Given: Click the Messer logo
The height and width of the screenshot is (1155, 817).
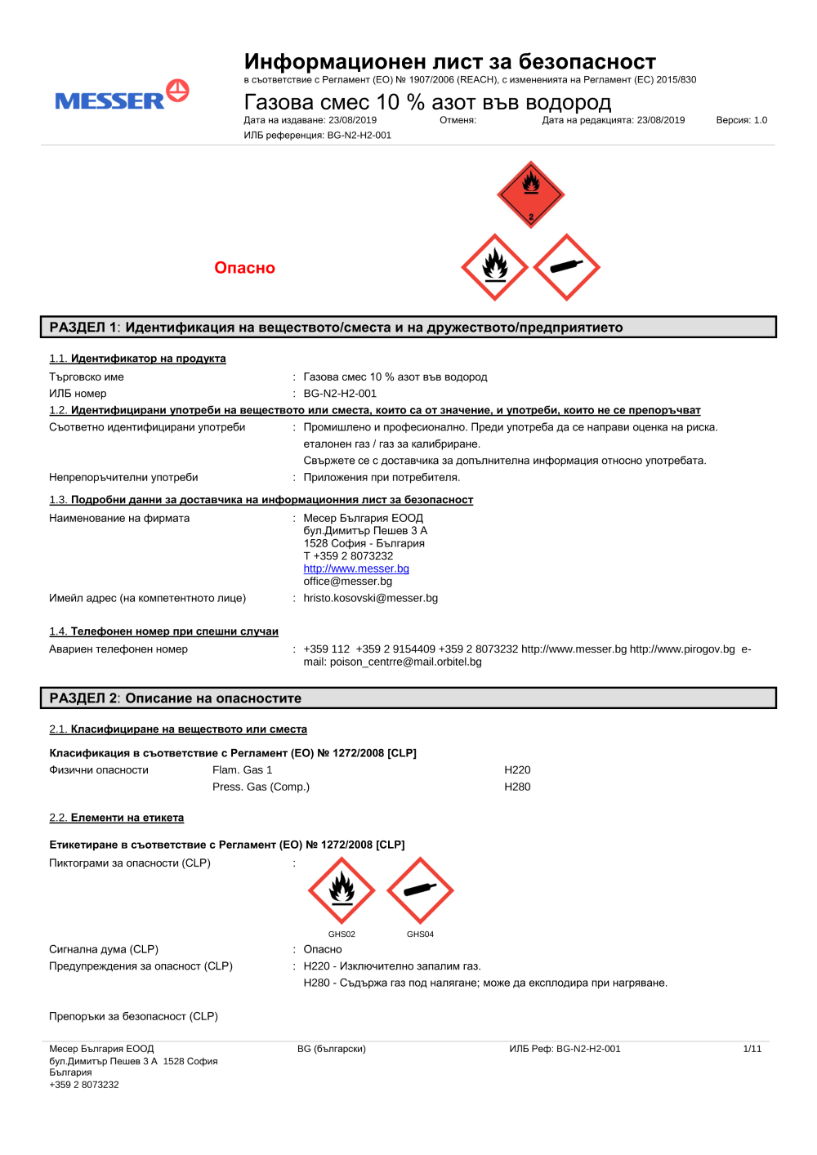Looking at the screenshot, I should tap(121, 96).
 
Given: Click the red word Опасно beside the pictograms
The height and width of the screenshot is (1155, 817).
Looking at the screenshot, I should tap(244, 268).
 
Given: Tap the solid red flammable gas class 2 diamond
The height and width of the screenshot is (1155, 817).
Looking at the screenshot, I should tap(531, 194).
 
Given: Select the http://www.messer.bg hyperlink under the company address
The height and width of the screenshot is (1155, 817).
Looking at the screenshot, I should tap(356, 569).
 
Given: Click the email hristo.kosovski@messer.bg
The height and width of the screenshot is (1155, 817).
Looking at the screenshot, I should tap(370, 598).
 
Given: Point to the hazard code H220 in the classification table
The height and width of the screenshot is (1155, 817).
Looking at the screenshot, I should tap(517, 770).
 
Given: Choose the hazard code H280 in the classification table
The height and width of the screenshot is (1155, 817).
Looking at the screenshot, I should tap(517, 787).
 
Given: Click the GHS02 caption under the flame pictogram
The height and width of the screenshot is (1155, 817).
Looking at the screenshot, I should tap(342, 934).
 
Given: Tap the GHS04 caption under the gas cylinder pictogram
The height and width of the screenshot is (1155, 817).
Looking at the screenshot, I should tap(420, 934).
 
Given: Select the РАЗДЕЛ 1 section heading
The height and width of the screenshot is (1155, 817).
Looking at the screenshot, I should tap(336, 328).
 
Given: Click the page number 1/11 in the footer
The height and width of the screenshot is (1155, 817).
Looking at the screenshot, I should tap(752, 1049).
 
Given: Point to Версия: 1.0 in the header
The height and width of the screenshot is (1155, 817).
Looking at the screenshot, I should tap(741, 120).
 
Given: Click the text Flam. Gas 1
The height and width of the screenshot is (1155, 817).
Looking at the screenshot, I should tap(242, 770).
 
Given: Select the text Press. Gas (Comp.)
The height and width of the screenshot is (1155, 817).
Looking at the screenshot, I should tap(261, 787).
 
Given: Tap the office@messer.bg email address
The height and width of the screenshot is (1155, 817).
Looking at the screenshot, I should tap(347, 582).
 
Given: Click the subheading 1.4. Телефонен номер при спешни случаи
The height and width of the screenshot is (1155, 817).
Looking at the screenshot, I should tap(163, 631).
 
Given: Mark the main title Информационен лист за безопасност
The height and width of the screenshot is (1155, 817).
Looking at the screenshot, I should tap(449, 62).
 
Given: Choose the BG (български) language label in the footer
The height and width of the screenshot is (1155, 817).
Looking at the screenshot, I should tap(331, 1049).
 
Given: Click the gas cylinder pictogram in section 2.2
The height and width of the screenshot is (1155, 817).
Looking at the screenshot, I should tap(420, 890).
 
